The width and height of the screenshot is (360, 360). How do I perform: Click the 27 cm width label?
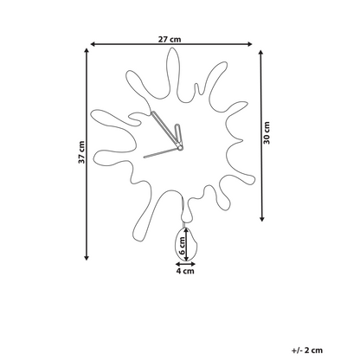[170, 39]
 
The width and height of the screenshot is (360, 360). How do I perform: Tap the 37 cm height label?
[81, 152]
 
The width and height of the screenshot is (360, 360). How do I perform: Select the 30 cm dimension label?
[267, 133]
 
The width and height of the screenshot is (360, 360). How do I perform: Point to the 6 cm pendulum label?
[182, 245]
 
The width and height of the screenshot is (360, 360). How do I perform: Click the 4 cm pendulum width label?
[185, 271]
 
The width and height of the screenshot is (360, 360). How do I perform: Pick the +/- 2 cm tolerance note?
[307, 350]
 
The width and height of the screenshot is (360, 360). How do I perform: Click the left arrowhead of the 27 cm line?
[93, 44]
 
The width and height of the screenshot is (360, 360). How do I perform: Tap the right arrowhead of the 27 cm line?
[250, 44]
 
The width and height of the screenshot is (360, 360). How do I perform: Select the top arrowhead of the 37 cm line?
[87, 50]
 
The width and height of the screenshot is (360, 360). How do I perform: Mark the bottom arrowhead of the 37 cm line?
[87, 258]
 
